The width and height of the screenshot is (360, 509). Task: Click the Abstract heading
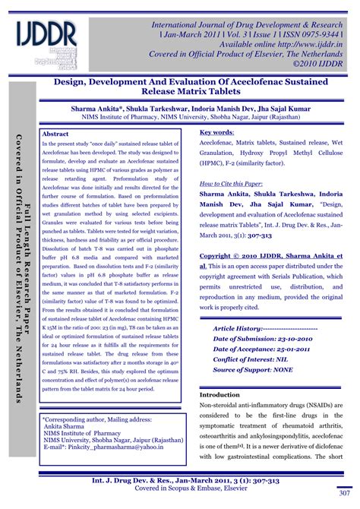(56, 133)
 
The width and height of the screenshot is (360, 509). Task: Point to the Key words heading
(216, 131)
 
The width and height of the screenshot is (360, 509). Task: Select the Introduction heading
(219, 395)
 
